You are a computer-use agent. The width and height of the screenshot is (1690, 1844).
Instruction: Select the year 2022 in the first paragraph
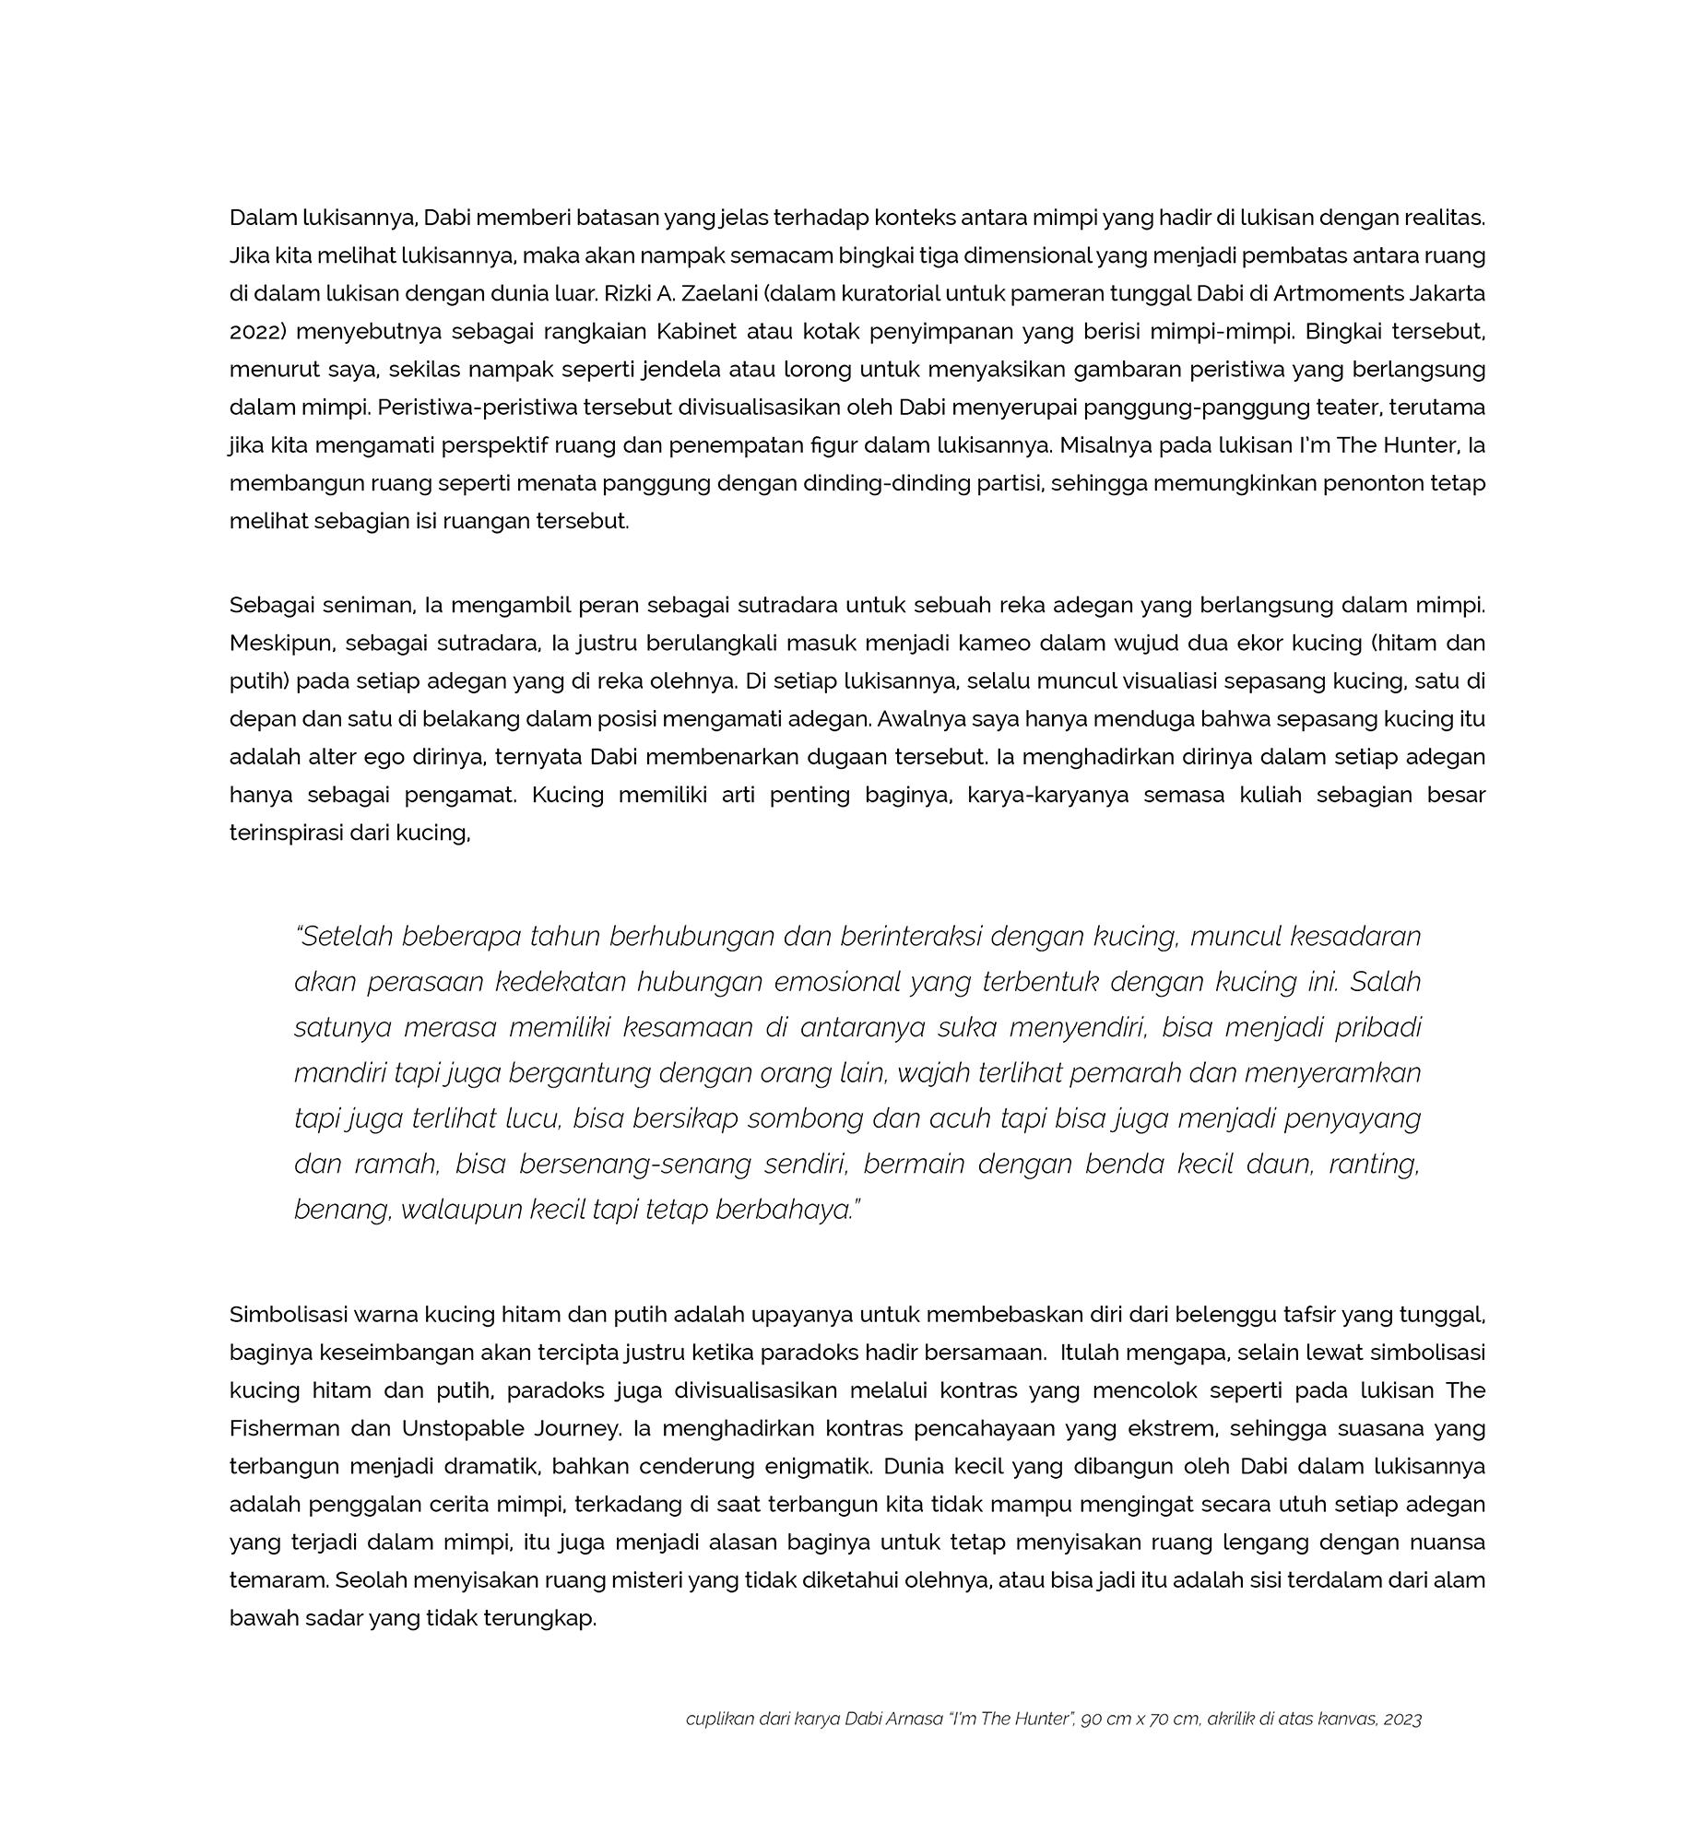coord(254,332)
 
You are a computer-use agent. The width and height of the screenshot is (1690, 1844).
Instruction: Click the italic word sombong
coord(802,1118)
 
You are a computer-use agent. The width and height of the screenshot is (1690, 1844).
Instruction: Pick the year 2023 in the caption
coord(1402,1720)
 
